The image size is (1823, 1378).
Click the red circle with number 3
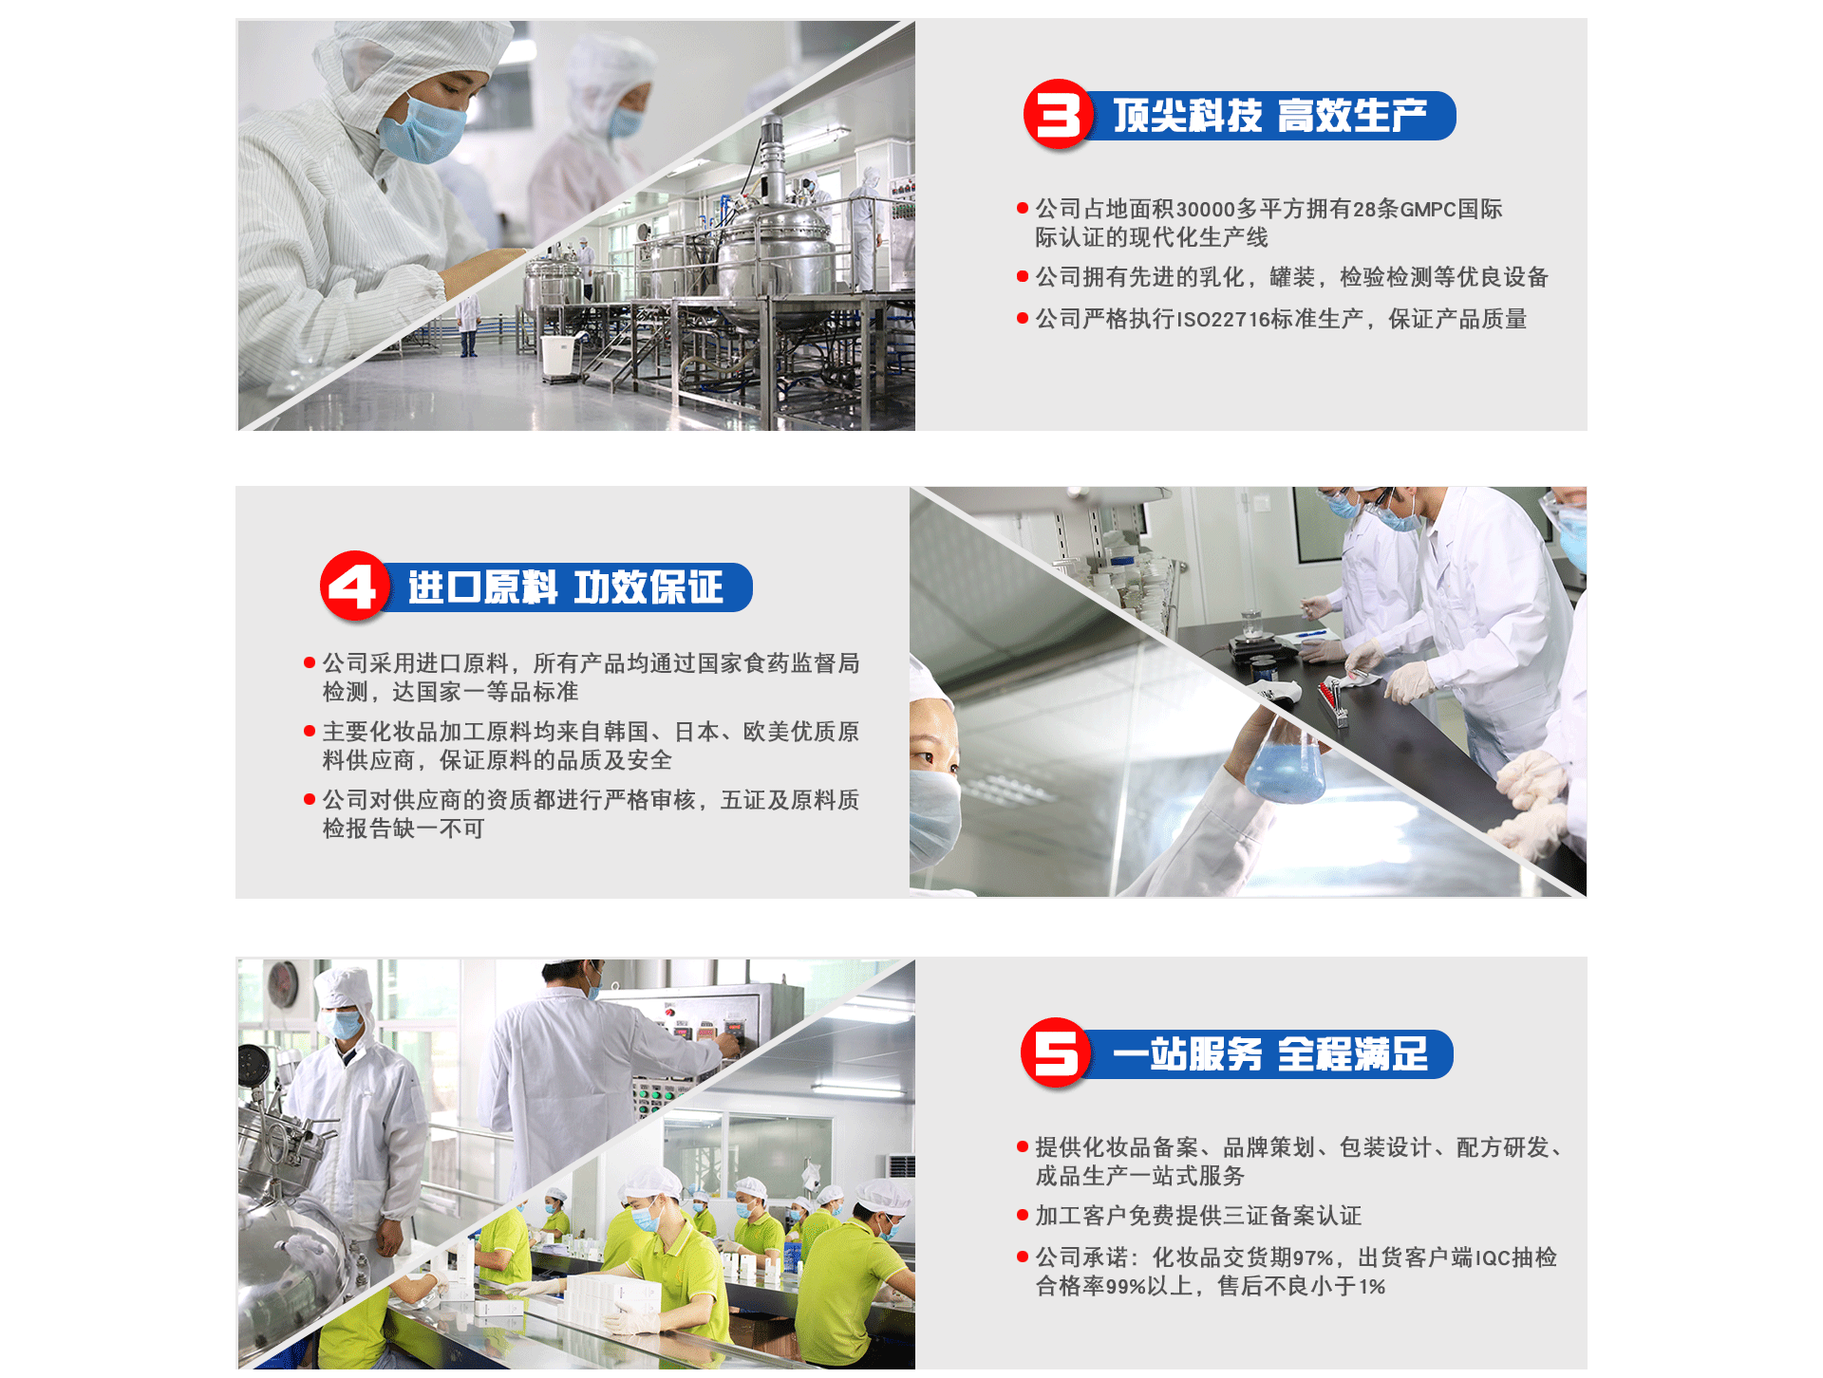click(x=1058, y=115)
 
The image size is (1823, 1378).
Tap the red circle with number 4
click(x=354, y=587)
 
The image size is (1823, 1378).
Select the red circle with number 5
click(x=1056, y=1053)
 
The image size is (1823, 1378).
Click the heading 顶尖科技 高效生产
click(x=1269, y=116)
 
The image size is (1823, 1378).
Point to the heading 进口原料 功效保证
click(x=566, y=587)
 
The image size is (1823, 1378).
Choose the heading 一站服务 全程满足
click(x=1270, y=1054)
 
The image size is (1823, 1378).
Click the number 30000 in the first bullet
click(x=1205, y=210)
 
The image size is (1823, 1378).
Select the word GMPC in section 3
click(x=1427, y=210)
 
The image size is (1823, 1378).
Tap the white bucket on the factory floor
click(x=558, y=356)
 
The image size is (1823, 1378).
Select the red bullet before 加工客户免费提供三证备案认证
click(x=1023, y=1215)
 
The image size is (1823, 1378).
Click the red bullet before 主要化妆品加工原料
click(x=309, y=731)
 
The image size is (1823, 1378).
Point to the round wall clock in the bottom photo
click(x=282, y=985)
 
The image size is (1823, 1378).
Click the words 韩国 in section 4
click(x=627, y=732)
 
